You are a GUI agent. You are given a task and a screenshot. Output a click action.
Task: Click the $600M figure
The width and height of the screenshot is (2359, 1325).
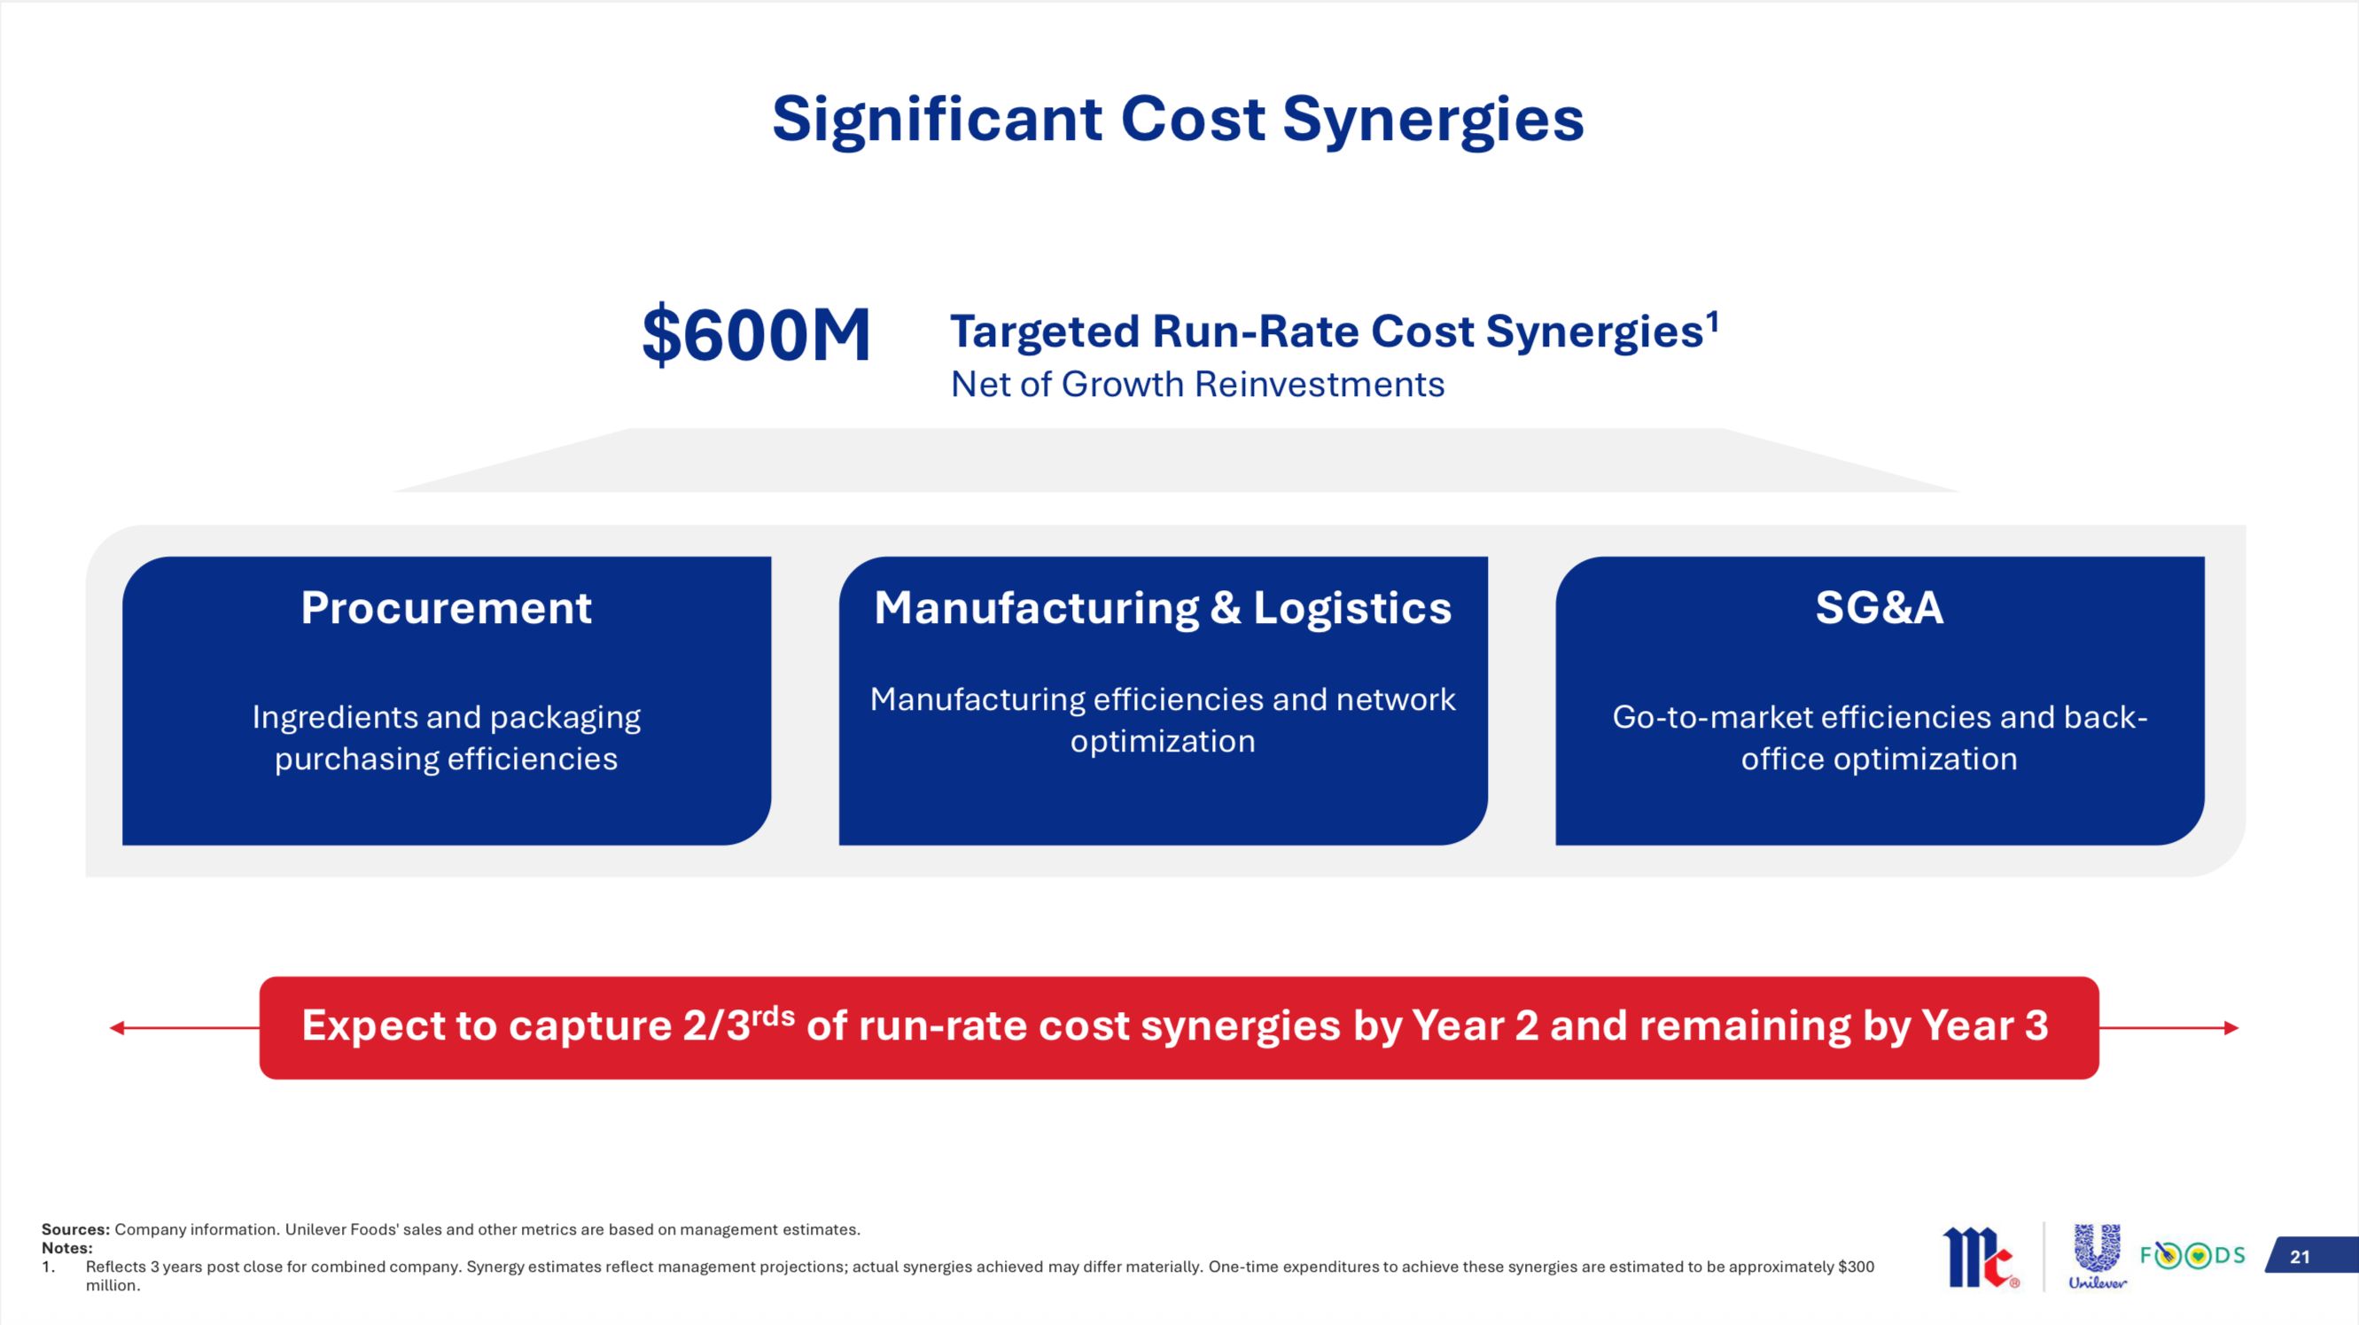(x=756, y=335)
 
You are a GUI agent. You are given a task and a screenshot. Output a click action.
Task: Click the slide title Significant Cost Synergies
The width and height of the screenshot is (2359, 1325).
(x=1178, y=121)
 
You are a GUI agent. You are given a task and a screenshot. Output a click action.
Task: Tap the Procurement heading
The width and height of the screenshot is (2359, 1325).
(x=446, y=608)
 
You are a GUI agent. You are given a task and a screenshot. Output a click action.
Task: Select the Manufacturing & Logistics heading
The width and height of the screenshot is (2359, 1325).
(x=1163, y=608)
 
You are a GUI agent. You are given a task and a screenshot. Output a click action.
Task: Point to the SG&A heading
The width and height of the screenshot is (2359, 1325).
(x=1880, y=608)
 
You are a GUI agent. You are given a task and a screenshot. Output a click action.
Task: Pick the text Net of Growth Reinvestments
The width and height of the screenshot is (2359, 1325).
(x=1197, y=385)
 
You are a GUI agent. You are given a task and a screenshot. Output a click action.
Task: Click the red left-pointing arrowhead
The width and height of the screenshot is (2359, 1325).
(x=116, y=1028)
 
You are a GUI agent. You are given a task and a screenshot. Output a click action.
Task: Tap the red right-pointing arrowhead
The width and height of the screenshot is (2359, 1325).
(x=2231, y=1028)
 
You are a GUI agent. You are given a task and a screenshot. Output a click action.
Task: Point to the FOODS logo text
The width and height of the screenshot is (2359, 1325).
(x=2192, y=1254)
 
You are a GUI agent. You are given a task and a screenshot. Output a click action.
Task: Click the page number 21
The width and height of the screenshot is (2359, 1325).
(x=2301, y=1257)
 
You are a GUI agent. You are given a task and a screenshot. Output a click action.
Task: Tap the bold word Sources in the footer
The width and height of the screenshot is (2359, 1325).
(x=75, y=1230)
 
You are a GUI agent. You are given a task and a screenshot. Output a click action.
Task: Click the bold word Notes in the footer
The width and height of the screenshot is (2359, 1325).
(x=66, y=1248)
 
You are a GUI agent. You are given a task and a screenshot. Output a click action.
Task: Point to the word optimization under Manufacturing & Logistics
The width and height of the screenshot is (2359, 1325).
(x=1163, y=742)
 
